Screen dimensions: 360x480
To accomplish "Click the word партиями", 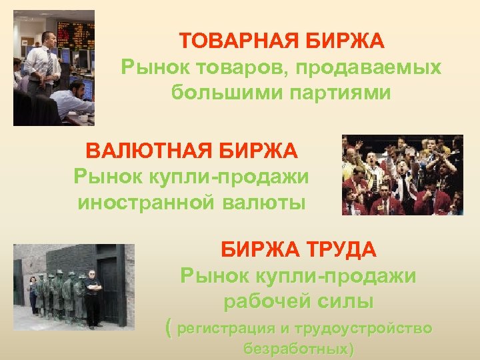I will point(343,92).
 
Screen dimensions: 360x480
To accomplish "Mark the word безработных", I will point(298,349).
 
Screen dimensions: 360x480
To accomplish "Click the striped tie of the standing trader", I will point(49,63).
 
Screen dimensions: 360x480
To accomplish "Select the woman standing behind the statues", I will point(33,294).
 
